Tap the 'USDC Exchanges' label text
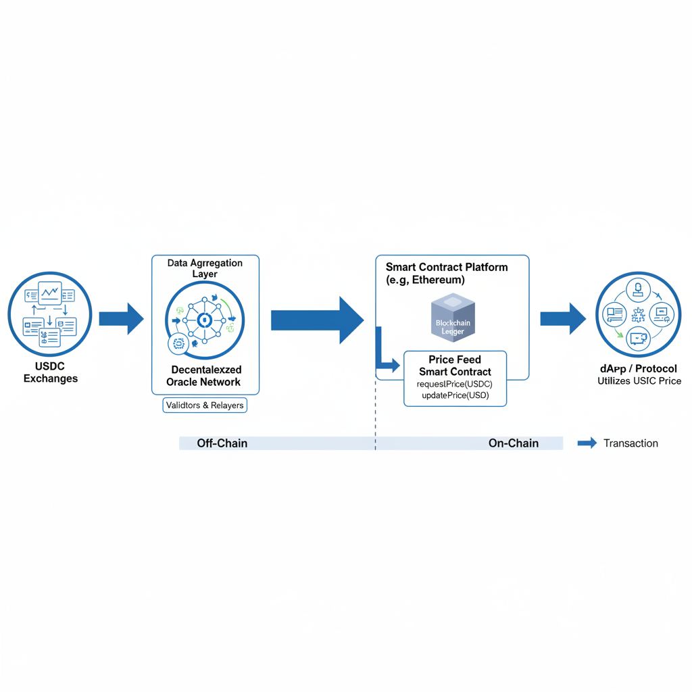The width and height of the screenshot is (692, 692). pyautogui.click(x=50, y=372)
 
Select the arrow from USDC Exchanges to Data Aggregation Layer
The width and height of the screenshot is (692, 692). pyautogui.click(x=121, y=318)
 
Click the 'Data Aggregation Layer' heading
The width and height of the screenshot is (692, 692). pyautogui.click(x=205, y=268)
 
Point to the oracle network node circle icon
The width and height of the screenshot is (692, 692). pyautogui.click(x=205, y=320)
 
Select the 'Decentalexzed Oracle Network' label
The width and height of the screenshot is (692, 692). pyautogui.click(x=205, y=376)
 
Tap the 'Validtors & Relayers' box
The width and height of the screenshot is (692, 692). pyautogui.click(x=205, y=405)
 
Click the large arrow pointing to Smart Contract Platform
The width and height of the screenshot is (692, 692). pyautogui.click(x=316, y=320)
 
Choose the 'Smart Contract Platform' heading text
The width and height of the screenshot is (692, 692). pyautogui.click(x=447, y=273)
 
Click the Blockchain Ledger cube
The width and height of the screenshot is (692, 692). pyautogui.click(x=452, y=318)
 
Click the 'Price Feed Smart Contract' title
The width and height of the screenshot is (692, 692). pyautogui.click(x=455, y=366)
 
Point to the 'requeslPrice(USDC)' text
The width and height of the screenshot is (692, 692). pyautogui.click(x=455, y=384)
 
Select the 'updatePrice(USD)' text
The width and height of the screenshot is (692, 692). pyautogui.click(x=455, y=395)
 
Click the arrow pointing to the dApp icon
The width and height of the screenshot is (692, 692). pyautogui.click(x=562, y=318)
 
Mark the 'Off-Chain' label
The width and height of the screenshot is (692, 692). pyautogui.click(x=222, y=443)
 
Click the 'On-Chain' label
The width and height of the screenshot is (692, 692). pyautogui.click(x=513, y=443)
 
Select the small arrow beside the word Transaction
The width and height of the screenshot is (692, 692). pyautogui.click(x=587, y=443)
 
